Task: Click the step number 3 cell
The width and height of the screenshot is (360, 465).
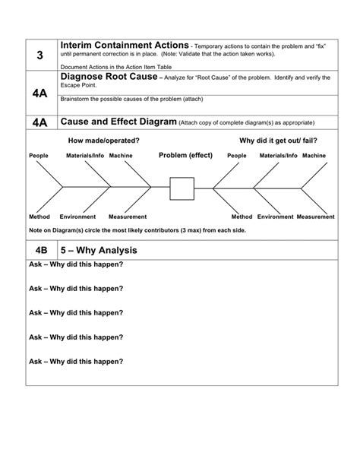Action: click(40, 55)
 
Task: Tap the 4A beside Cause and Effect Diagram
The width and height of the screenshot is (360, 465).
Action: click(40, 122)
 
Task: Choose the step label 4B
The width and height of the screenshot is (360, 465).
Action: click(40, 249)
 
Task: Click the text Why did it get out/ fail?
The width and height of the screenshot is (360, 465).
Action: click(267, 141)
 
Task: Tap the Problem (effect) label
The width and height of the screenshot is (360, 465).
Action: click(185, 155)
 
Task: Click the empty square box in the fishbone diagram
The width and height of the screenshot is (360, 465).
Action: click(182, 188)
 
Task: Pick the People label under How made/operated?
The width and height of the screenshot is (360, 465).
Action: click(39, 156)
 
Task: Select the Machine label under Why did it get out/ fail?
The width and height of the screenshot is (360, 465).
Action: click(314, 156)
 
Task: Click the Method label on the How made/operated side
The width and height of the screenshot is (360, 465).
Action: click(39, 217)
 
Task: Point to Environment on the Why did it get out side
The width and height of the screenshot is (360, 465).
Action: click(275, 217)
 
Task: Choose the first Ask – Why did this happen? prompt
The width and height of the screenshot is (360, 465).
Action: click(76, 264)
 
